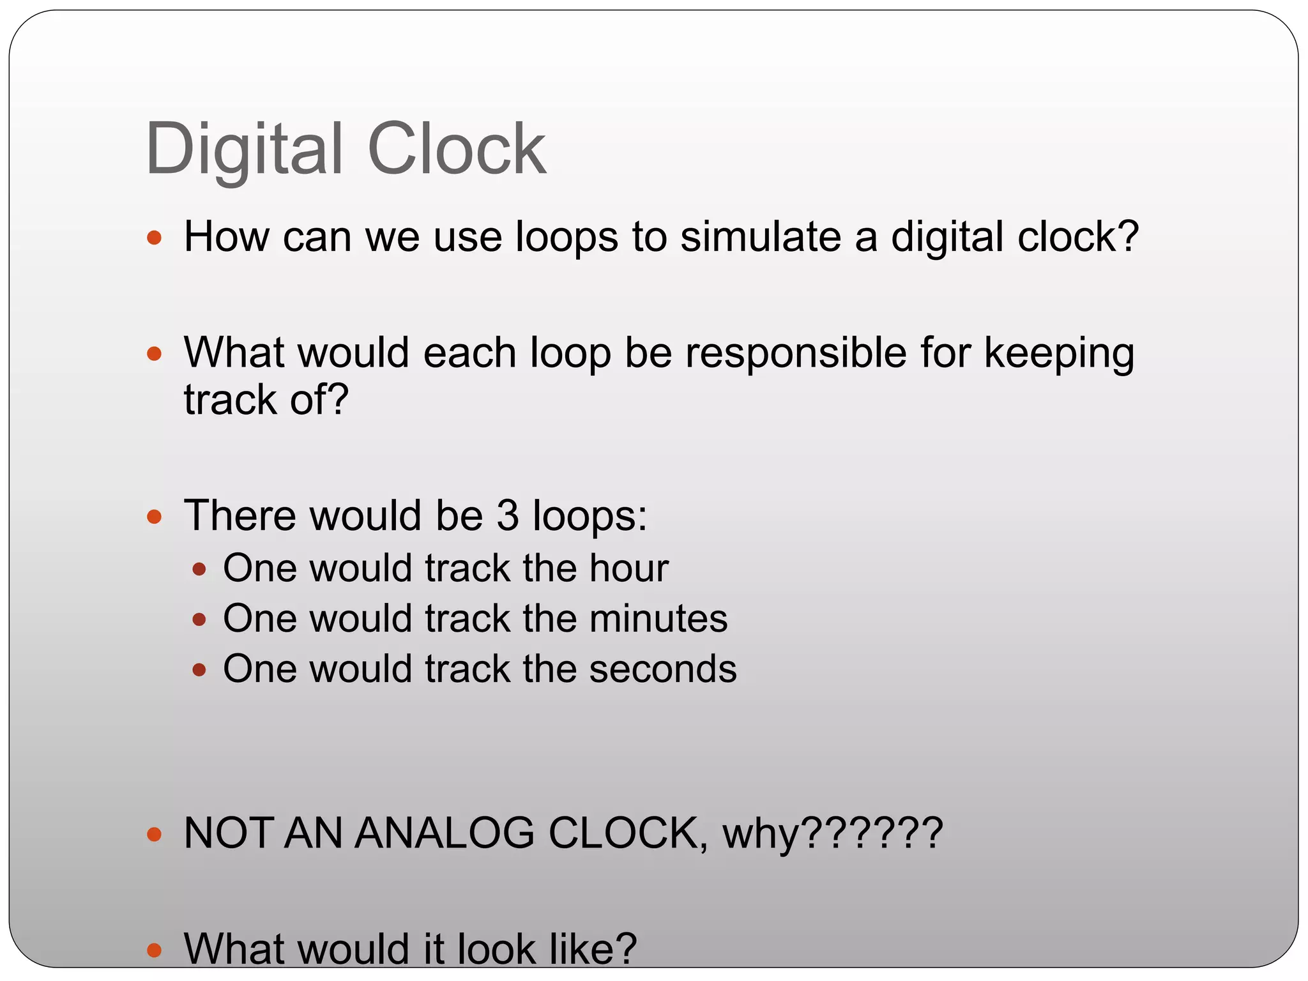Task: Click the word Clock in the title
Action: (457, 149)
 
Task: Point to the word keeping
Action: (1059, 353)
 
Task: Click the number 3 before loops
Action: (508, 515)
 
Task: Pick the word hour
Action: (628, 568)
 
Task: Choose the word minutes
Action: (658, 618)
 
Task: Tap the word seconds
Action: (662, 669)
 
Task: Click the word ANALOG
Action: (444, 833)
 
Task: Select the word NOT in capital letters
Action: (231, 833)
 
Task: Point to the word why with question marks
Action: (832, 834)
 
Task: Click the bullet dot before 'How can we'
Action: (154, 238)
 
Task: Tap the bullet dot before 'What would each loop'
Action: (154, 354)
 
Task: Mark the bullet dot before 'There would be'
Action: (154, 516)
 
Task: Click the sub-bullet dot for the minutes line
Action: (199, 619)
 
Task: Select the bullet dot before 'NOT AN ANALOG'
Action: (154, 834)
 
